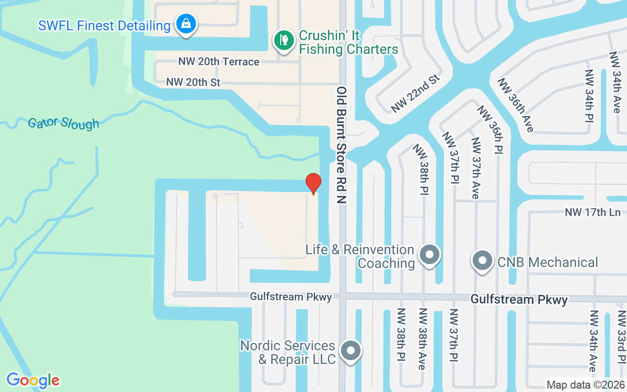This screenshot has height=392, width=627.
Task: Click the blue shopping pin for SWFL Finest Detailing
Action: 186,23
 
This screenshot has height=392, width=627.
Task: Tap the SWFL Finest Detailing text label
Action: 104,25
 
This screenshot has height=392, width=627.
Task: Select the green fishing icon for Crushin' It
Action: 283,40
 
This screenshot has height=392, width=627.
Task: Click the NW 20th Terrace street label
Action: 218,62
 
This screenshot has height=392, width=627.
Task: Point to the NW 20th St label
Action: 193,82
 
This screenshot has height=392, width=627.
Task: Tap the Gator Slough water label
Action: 64,123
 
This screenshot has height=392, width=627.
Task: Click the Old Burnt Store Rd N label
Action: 342,145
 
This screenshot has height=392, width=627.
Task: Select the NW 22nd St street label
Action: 416,94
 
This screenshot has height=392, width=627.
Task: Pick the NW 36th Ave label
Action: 515,105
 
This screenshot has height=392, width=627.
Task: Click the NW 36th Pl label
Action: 490,129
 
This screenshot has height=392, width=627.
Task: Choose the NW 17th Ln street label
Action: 593,212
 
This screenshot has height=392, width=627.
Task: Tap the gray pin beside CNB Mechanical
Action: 482,260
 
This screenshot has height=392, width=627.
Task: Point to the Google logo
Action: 33,380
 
